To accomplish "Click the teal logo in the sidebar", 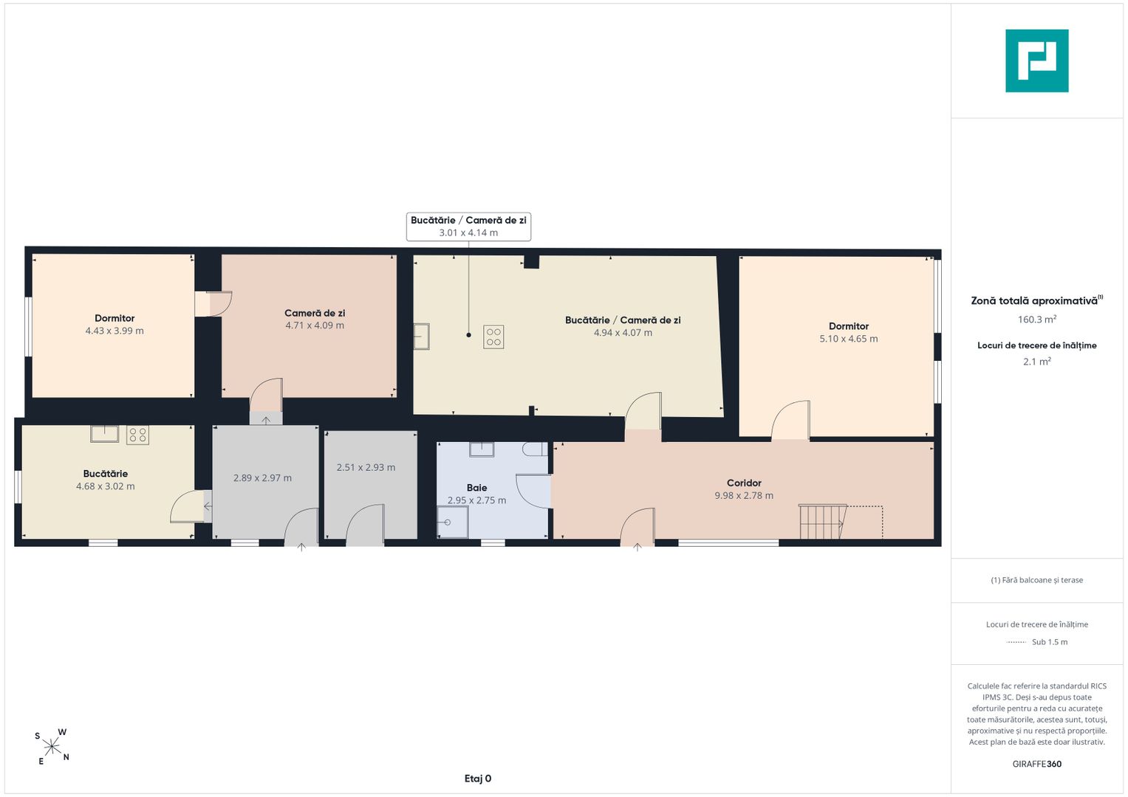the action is coord(1037,61).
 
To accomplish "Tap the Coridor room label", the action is coord(744,483).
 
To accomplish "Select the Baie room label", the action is coord(476,488).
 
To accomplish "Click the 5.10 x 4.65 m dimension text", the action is coord(849,339).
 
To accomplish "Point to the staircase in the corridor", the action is coord(823,521).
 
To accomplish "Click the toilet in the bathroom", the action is coord(535,449).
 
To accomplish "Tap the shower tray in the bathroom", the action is coord(452,522).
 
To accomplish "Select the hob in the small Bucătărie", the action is coord(137,435).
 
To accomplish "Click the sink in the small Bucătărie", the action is coord(105,434).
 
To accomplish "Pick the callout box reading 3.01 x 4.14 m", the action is coord(468,227).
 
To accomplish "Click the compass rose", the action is coord(52,747).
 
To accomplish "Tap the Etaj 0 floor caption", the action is coord(478,779).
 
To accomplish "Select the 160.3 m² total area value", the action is coord(1037,319).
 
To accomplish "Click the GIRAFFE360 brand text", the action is coord(1037,764).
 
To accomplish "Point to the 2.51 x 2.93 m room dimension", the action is coord(366,467).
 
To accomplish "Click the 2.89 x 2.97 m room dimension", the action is coord(262,478).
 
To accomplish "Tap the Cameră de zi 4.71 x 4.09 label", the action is coord(315,319).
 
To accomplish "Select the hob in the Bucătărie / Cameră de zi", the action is coord(493,337).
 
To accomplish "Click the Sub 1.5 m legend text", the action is coord(1050,641).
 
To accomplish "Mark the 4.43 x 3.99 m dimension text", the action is coord(114,331).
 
